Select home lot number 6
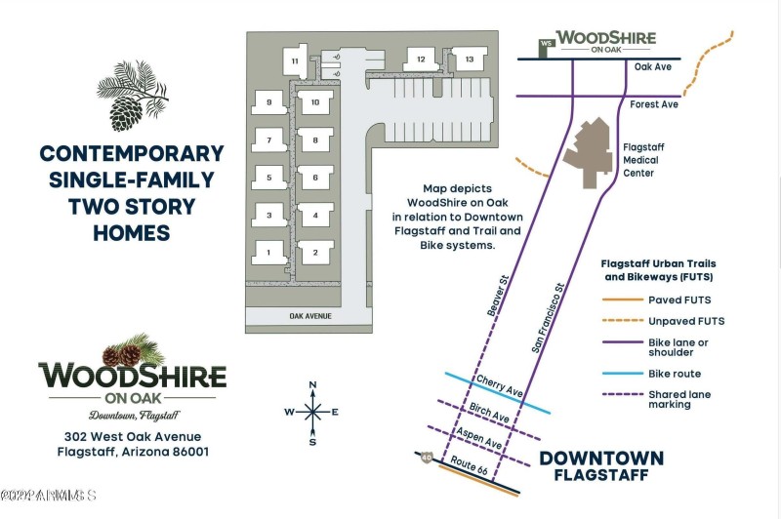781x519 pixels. point(315,179)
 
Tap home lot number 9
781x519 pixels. point(267,102)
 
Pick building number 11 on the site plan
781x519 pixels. point(294,62)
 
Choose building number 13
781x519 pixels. point(470,60)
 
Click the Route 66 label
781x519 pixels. point(471,466)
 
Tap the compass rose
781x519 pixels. point(312,412)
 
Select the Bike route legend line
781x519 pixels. point(621,373)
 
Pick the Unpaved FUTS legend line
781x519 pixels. point(621,321)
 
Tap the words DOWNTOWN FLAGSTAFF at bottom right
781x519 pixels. point(601,466)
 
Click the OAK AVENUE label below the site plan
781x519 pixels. point(310,316)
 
